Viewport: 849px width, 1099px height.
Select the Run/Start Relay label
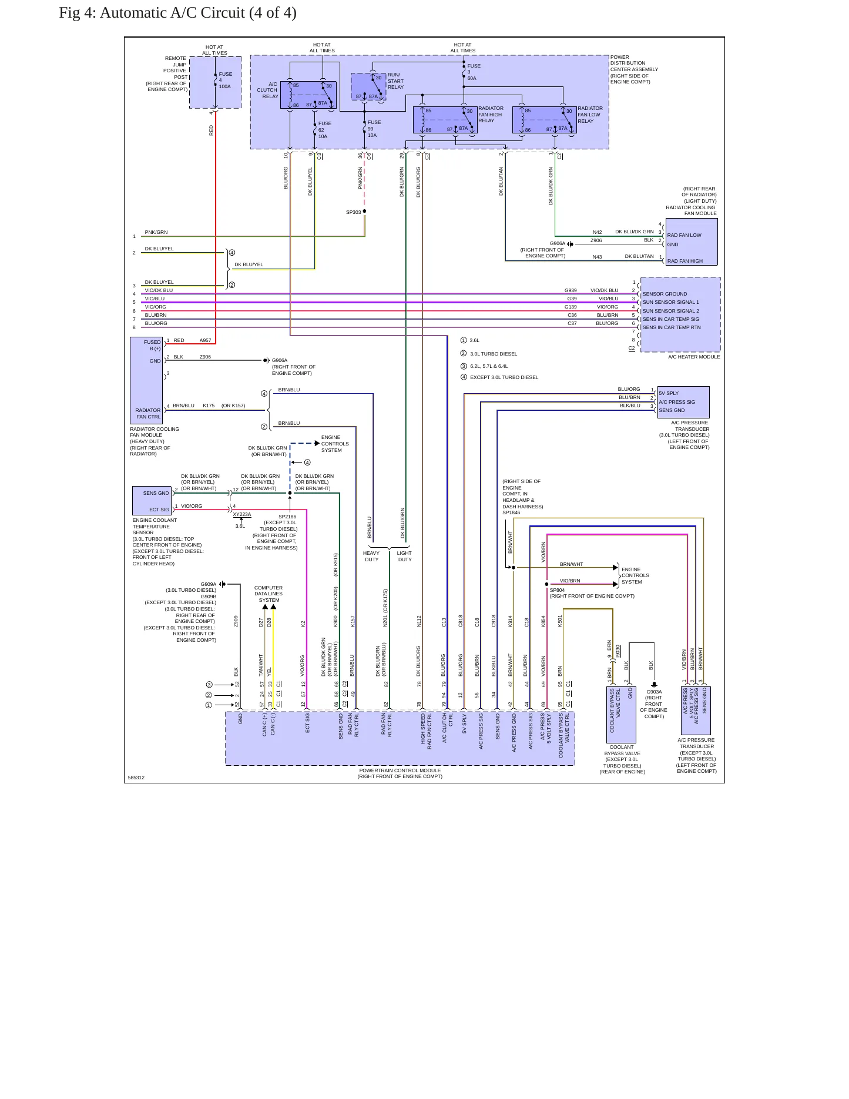coord(395,81)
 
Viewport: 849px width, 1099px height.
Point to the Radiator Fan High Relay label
coord(491,115)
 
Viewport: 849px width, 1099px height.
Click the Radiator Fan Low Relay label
coord(590,115)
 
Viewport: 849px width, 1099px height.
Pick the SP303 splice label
coord(353,212)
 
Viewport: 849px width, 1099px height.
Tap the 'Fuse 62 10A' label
coord(324,130)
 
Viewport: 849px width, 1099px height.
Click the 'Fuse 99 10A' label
coord(374,129)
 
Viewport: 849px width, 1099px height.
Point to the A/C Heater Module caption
coord(694,357)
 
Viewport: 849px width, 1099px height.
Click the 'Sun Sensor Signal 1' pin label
coord(670,302)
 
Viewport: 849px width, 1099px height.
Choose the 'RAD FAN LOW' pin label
coord(684,235)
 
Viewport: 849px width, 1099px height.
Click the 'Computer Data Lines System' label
coord(269,594)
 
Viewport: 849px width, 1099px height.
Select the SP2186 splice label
coord(287,517)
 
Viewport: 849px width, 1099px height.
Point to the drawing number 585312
coord(136,778)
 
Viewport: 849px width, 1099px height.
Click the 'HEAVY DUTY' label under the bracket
coord(371,556)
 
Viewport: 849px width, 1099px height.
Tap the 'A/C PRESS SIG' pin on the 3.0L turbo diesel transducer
coord(677,402)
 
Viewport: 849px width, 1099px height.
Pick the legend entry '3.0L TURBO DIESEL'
coord(494,354)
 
